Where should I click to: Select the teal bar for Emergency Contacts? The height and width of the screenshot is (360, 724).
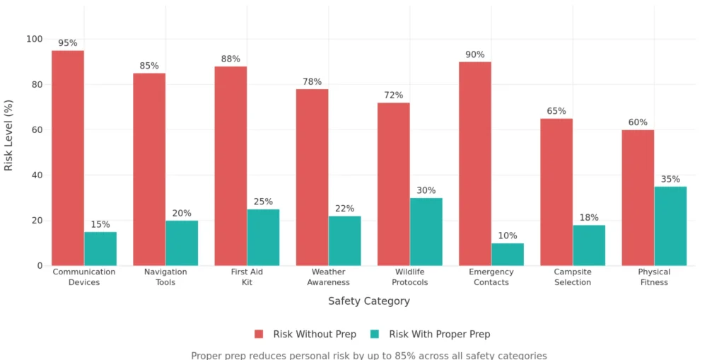tap(508, 255)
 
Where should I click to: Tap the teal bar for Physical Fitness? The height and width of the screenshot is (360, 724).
tap(670, 226)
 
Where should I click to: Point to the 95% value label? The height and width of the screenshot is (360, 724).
tap(68, 43)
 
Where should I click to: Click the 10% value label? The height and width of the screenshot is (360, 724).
tap(508, 236)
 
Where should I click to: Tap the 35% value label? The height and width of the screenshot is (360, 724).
tap(670, 179)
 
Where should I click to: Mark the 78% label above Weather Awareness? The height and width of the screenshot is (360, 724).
tap(312, 81)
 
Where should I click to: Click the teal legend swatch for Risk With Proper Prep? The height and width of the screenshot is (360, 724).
tap(375, 334)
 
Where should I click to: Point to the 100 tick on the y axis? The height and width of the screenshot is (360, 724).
tap(34, 39)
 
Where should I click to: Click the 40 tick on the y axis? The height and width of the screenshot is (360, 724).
tap(37, 175)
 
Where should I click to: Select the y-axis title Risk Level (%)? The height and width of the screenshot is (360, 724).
tap(9, 135)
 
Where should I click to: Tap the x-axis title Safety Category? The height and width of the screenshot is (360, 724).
tap(368, 301)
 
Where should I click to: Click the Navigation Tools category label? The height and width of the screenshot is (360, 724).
tap(165, 277)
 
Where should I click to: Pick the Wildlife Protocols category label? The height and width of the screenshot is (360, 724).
tap(409, 277)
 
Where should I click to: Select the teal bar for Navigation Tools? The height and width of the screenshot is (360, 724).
tap(182, 243)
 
